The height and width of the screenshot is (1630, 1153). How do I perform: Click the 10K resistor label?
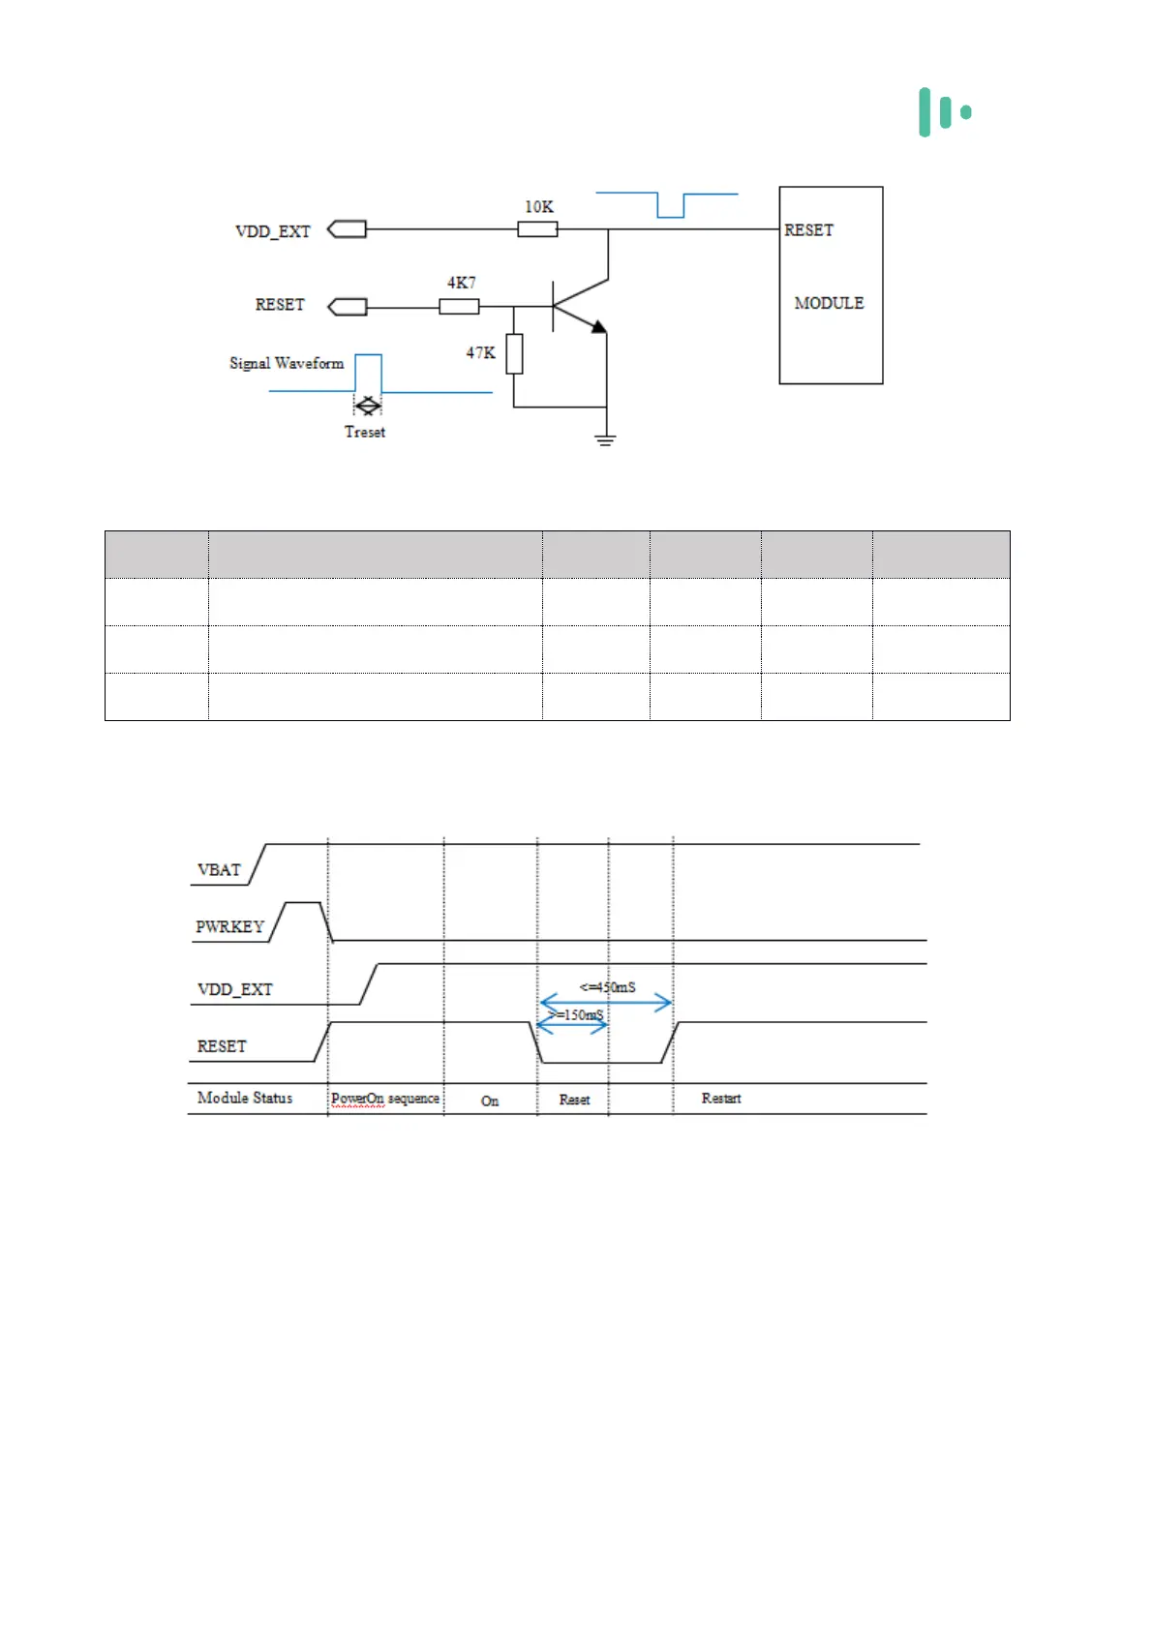[x=539, y=206]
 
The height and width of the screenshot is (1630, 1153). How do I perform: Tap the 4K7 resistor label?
[x=461, y=283]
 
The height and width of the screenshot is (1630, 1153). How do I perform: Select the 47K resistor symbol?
[x=514, y=353]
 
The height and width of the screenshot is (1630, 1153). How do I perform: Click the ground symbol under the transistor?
[x=606, y=440]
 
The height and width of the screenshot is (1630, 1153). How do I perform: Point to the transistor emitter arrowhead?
[x=599, y=327]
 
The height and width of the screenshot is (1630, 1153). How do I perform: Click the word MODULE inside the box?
[x=829, y=303]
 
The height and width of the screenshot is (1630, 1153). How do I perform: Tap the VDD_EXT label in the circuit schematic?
[x=273, y=231]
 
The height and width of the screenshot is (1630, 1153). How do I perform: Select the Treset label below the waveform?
[x=365, y=432]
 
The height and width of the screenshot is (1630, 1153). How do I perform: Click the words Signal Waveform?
[x=287, y=363]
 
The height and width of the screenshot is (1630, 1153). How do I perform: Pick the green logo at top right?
[x=945, y=112]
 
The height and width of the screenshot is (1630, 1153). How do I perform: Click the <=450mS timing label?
[x=608, y=987]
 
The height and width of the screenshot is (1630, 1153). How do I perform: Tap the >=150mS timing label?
[x=577, y=1014]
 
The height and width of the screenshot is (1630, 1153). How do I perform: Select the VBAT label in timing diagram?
[x=219, y=869]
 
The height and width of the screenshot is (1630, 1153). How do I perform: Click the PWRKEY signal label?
[x=229, y=926]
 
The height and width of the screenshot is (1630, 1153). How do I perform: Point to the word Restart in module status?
[x=721, y=1098]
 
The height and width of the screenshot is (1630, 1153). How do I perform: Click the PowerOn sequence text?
[x=385, y=1099]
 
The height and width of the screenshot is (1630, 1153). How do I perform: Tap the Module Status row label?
[x=245, y=1098]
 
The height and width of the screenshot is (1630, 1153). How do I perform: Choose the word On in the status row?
[x=490, y=1101]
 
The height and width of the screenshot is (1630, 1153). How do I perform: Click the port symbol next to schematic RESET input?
[x=348, y=307]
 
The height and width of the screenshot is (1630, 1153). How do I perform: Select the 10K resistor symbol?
[x=537, y=229]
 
